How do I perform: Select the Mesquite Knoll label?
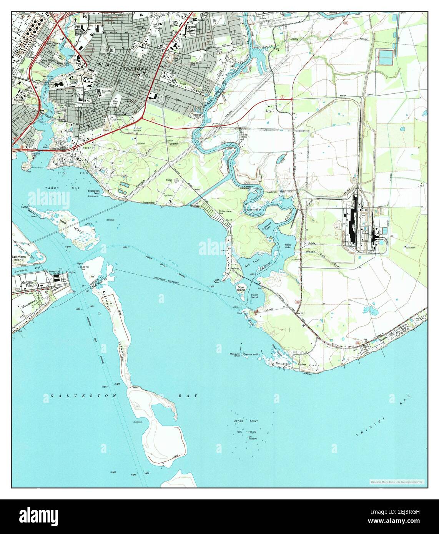click(235, 355)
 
